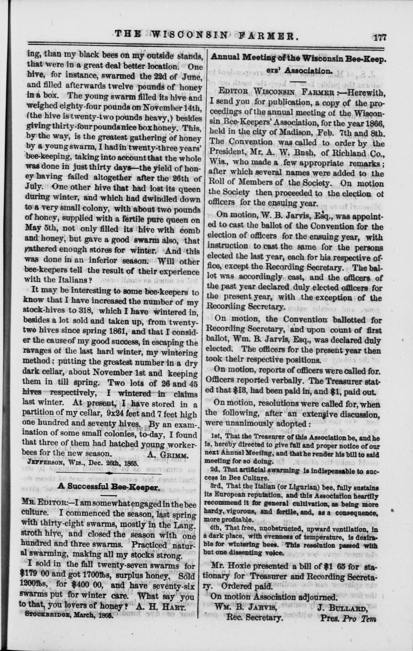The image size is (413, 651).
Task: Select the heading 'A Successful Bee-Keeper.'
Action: [x=108, y=485]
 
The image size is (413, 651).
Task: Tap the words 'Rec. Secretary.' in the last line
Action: [x=254, y=617]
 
